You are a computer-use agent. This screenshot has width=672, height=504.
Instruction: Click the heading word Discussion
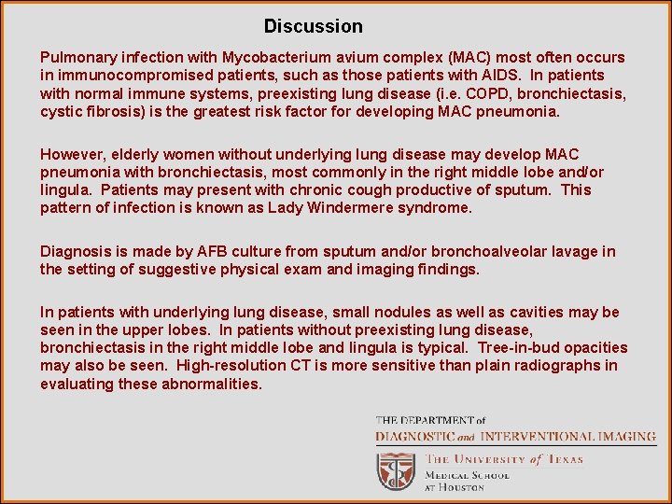[313, 26]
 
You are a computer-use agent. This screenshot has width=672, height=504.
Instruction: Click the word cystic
[62, 111]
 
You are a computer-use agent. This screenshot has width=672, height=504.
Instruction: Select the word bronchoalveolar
[486, 251]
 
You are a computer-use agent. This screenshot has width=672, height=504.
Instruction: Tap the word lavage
[576, 251]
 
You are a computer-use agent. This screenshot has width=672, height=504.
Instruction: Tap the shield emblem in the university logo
[396, 470]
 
